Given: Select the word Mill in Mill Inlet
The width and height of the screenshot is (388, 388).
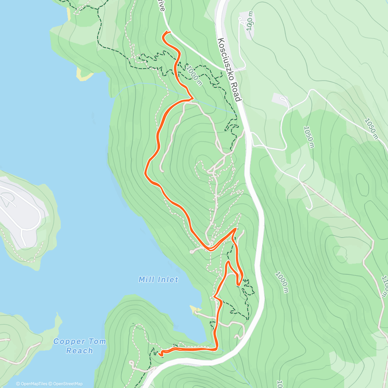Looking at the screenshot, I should pyautogui.click(x=146, y=279).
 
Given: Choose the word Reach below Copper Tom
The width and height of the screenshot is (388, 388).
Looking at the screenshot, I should pyautogui.click(x=80, y=351).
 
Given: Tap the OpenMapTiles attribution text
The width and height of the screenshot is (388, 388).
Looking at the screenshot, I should pyautogui.click(x=31, y=384).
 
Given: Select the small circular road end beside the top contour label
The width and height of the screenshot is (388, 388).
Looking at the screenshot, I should pyautogui.click(x=240, y=19).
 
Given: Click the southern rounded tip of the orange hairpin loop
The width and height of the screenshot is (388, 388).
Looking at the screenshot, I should pyautogui.click(x=238, y=285).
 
